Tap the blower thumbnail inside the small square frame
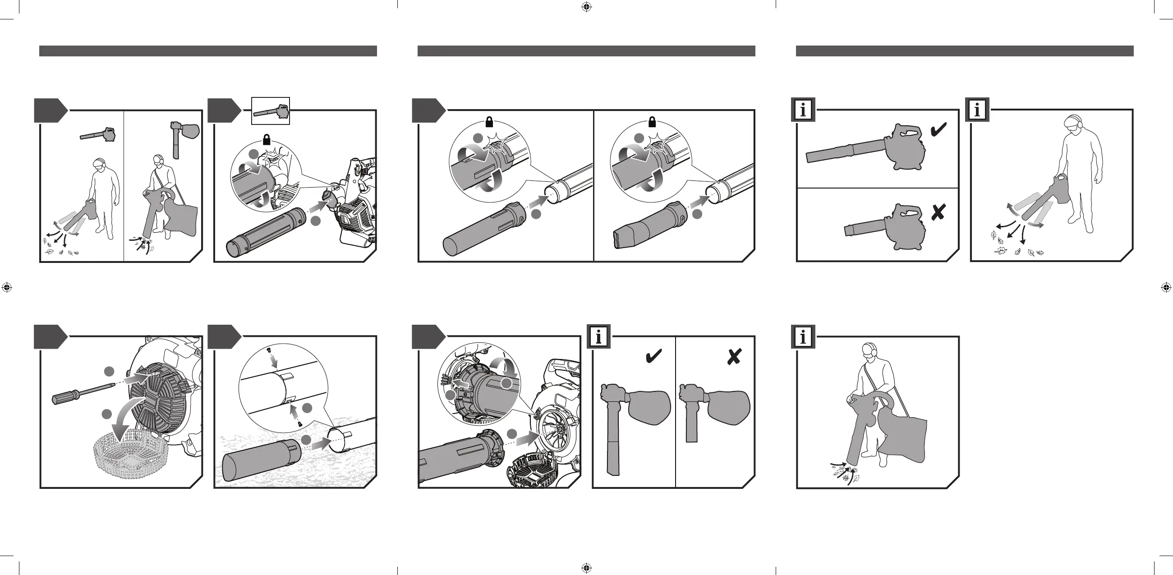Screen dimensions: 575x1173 pyautogui.click(x=271, y=111)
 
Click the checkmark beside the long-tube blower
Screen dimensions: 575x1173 pyautogui.click(x=938, y=130)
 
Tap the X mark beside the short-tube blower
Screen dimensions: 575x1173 pyautogui.click(x=938, y=212)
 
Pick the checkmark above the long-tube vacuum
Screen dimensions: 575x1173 pyautogui.click(x=654, y=356)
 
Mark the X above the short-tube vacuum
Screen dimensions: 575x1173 pyautogui.click(x=734, y=356)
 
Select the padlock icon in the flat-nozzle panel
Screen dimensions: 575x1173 pyautogui.click(x=652, y=122)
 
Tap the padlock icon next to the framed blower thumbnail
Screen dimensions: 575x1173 pyautogui.click(x=267, y=139)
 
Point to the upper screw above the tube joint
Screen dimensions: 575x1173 pyautogui.click(x=270, y=351)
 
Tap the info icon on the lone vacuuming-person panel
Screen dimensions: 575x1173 pyautogui.click(x=803, y=337)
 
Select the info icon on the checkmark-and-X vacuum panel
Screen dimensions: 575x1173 pyautogui.click(x=598, y=337)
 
